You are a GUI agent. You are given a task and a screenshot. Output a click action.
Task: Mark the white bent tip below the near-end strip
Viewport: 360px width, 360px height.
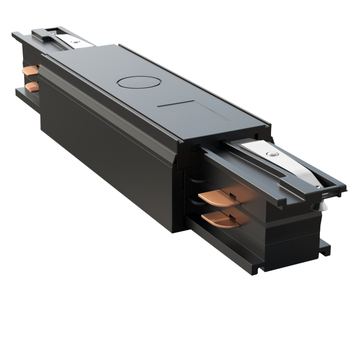click(x=322, y=205)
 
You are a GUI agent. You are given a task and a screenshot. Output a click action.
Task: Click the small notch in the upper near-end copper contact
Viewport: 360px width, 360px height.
click(x=230, y=194)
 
